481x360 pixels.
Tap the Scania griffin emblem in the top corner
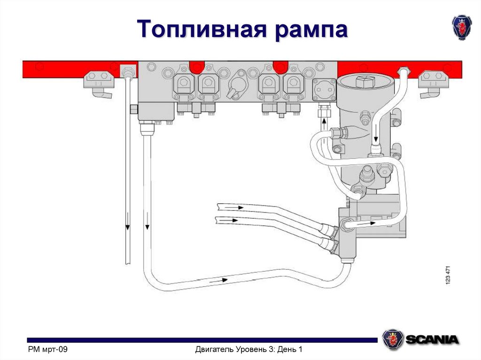coord(461,26)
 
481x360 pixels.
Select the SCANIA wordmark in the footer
coord(432,339)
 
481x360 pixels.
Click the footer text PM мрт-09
coord(49,350)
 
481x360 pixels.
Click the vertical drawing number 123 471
coord(448,274)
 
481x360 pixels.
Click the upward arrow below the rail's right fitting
coord(324,124)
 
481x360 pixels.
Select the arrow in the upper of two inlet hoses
coord(237,207)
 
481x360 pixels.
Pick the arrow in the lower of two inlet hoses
coord(233,220)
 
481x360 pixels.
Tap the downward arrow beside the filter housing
coord(376,138)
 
